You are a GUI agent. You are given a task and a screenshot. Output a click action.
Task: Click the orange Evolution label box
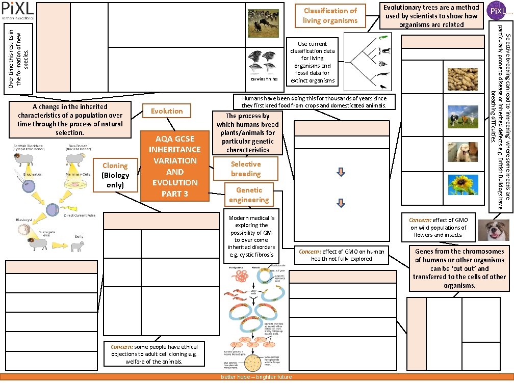point(167,111)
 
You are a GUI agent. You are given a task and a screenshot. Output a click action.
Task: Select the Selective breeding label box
point(246,169)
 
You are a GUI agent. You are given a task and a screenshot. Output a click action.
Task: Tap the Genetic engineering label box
point(249,195)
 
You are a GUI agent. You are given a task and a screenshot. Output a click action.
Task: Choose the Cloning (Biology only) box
point(115,176)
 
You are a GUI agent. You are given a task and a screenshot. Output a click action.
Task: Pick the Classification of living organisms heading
point(330,16)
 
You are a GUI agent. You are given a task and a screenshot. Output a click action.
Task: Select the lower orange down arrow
point(342,203)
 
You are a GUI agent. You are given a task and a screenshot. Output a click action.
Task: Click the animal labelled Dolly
point(79,246)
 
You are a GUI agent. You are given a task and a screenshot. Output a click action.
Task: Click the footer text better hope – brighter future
point(256,377)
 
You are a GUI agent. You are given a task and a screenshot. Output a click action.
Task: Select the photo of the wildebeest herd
point(263,23)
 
